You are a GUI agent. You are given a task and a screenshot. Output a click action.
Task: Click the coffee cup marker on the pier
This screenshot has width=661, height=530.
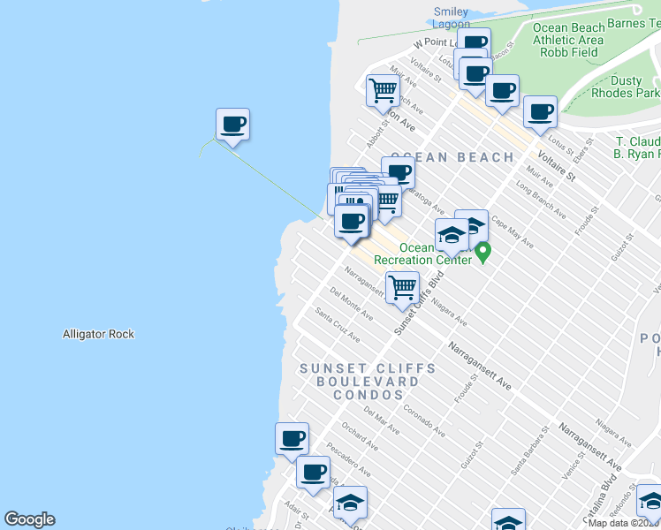pyautogui.click(x=232, y=125)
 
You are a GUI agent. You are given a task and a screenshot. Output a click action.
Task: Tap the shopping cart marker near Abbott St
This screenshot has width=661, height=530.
pyautogui.click(x=383, y=91)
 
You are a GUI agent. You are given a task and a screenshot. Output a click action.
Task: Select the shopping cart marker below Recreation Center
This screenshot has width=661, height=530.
pyautogui.click(x=402, y=288)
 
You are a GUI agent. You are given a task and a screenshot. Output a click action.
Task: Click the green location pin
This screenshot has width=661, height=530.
pyautogui.click(x=482, y=253)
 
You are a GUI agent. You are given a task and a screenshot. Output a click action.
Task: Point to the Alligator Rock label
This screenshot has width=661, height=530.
pyautogui.click(x=98, y=334)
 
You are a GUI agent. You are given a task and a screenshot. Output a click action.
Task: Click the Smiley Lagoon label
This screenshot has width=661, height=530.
pyautogui.click(x=451, y=18)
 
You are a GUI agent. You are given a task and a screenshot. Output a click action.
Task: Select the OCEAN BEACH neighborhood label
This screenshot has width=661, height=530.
pyautogui.click(x=452, y=157)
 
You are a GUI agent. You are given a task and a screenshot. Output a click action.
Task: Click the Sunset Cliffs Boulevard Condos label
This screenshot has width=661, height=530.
pyautogui.click(x=367, y=381)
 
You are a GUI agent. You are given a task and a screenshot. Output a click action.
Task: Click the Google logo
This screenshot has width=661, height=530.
pyautogui.click(x=29, y=519)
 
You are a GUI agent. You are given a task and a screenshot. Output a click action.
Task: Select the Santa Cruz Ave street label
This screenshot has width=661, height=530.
pyautogui.click(x=338, y=324)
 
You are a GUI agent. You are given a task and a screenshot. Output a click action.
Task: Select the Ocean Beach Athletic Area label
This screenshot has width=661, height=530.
pyautogui.click(x=568, y=40)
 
